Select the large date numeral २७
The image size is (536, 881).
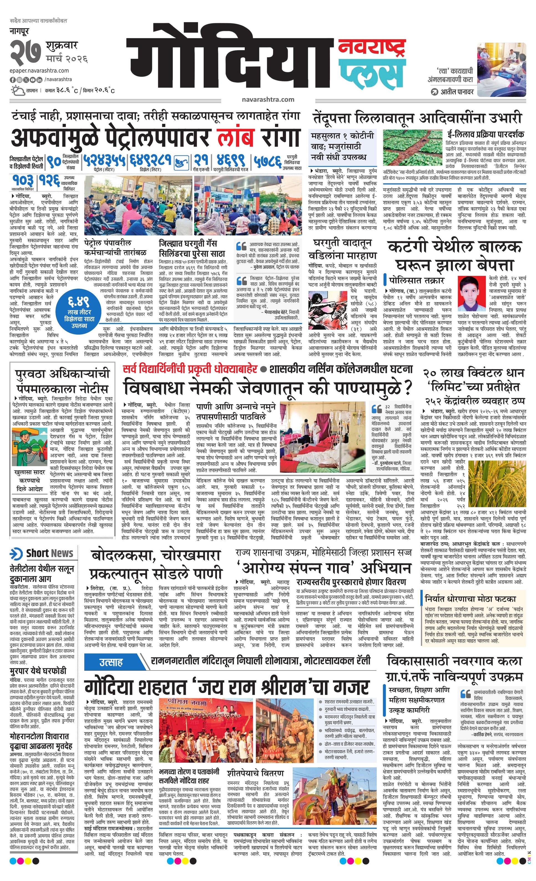pyautogui.click(x=25, y=53)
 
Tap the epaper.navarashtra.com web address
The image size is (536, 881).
pyautogui.click(x=39, y=71)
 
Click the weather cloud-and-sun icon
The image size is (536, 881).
pyautogui.click(x=17, y=90)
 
